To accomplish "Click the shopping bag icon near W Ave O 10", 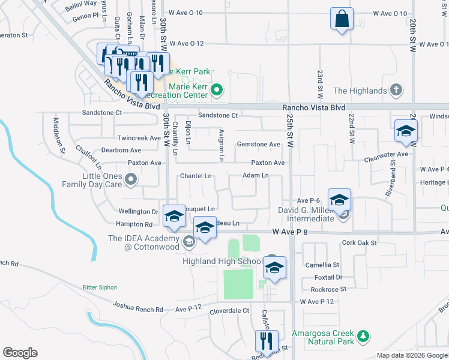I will pos(342,19).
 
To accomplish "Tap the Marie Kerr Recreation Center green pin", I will pos(217,91).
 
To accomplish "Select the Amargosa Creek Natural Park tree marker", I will pos(362,337).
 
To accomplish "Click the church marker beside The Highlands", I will pos(396,91).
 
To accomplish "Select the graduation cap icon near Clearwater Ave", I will pos(406,131).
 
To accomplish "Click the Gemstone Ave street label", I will pos(259,145).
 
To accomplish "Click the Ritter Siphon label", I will pos(100,287).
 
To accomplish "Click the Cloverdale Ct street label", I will pos(229,311).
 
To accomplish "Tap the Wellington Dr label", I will pos(138,212).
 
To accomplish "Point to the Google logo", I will pos(20,353).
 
